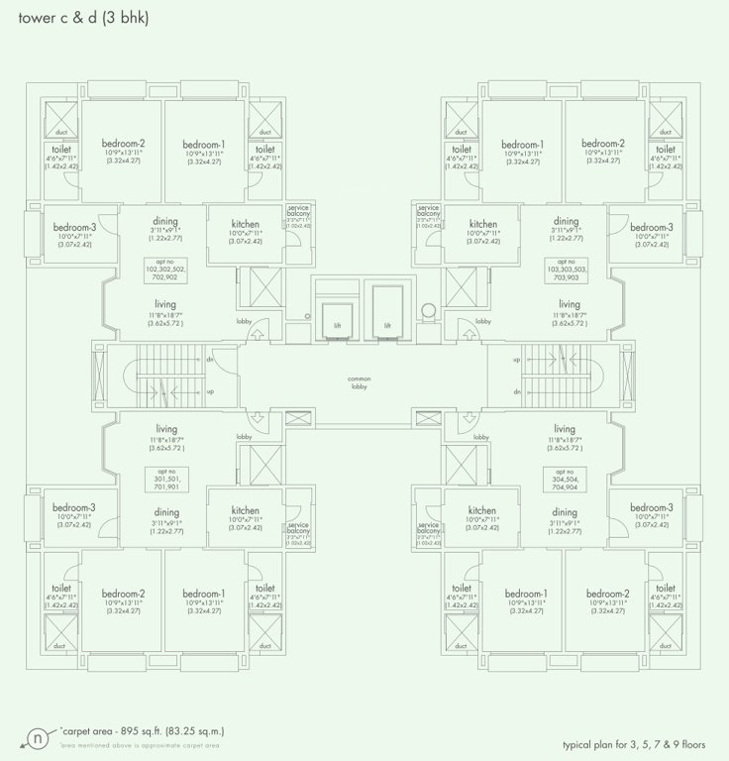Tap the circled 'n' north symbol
click(37, 736)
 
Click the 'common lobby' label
click(358, 382)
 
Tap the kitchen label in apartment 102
click(245, 224)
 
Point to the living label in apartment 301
click(165, 428)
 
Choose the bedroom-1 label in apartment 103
click(523, 144)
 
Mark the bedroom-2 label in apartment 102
click(124, 144)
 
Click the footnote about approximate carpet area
click(139, 744)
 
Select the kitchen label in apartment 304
click(482, 510)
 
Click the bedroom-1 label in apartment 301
click(204, 594)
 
